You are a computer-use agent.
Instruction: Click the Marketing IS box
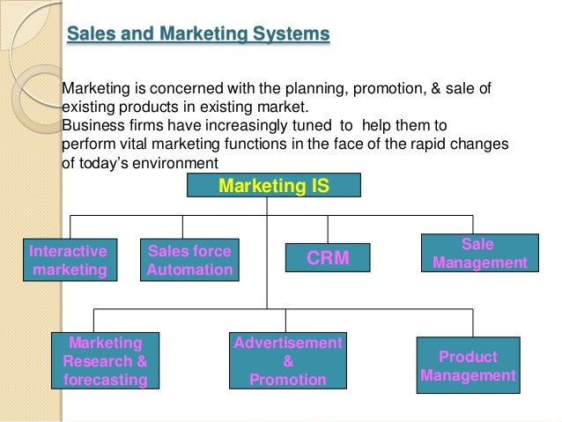[x=273, y=185]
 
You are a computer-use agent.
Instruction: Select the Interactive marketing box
[x=69, y=260]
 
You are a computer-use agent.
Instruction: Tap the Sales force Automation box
[x=189, y=260]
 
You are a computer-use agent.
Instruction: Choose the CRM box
[x=328, y=257]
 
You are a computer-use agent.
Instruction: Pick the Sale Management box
[x=479, y=253]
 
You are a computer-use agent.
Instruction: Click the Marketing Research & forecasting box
[x=106, y=360]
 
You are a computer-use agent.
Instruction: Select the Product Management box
[x=468, y=366]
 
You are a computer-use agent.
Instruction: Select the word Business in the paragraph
[x=91, y=125]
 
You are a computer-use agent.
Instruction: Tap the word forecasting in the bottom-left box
[x=106, y=380]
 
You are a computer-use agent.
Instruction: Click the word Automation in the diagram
[x=189, y=270]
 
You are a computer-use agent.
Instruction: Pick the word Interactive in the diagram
[x=69, y=250]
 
